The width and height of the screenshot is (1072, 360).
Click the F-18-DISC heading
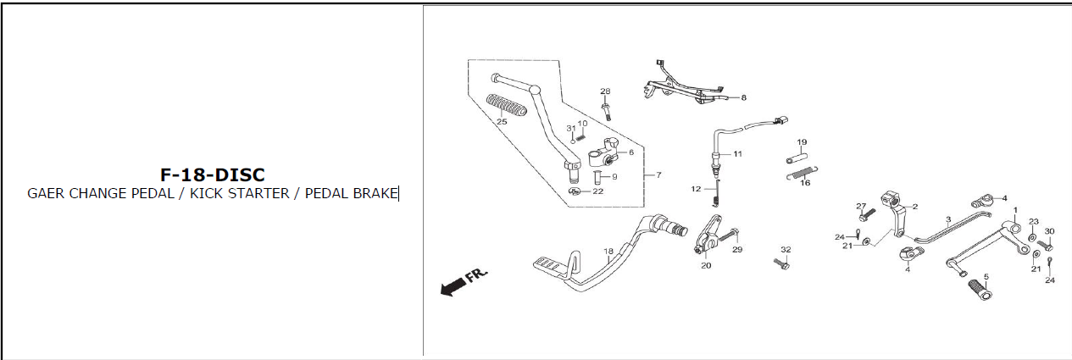pos(212,174)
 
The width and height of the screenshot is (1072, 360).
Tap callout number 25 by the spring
pos(502,122)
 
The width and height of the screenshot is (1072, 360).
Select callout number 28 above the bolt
pos(605,91)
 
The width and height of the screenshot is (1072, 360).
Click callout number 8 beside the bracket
pos(743,98)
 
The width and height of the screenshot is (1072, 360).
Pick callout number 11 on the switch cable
pos(737,154)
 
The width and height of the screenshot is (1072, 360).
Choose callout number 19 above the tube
pos(802,142)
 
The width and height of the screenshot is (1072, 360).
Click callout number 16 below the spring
pos(805,182)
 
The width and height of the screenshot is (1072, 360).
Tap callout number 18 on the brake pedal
pos(608,252)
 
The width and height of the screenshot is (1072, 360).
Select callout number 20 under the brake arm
pos(706,265)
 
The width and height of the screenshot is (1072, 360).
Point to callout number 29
pos(736,250)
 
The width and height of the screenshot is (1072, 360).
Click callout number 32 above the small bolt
pos(786,250)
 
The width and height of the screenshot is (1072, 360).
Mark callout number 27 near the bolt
pos(861,207)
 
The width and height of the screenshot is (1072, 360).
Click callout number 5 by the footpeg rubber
pos(986,277)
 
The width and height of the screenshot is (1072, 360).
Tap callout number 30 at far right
pos(1049,231)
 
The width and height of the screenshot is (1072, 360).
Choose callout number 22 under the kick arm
pos(598,191)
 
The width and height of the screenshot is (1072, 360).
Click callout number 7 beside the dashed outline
pos(658,175)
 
